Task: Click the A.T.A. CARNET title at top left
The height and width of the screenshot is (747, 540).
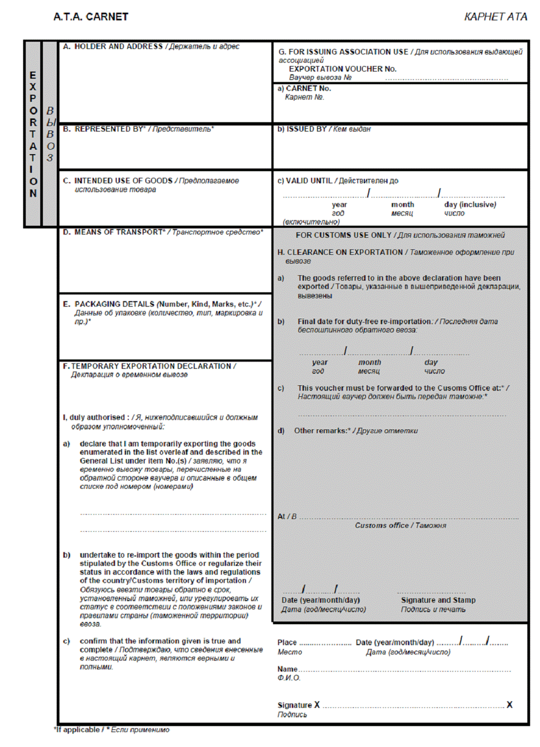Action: pos(91,17)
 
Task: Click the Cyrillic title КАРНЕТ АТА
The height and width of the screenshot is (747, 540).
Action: pos(495,17)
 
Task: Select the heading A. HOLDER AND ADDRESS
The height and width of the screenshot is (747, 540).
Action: pos(113,47)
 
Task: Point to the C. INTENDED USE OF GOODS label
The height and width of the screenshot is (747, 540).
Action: pos(118,181)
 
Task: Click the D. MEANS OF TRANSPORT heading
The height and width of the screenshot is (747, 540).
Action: pos(113,232)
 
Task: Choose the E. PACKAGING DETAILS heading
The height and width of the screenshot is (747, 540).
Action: pos(115,304)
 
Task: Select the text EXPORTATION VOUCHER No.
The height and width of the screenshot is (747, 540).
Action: pos(342,69)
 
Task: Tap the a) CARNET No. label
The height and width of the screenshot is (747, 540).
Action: pos(304,88)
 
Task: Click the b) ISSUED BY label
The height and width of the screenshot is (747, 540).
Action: pos(302,129)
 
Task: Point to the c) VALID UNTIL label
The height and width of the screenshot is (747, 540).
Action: pos(305,181)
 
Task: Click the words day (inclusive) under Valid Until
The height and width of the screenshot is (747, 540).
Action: pos(470,205)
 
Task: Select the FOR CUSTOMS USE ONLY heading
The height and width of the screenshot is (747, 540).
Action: pos(343,235)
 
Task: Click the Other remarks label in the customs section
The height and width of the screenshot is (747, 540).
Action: pos(322,430)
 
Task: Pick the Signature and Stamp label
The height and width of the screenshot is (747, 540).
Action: pos(438,600)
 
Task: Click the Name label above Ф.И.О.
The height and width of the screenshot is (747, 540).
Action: pos(287,669)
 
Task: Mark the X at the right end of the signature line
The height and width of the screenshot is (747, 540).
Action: pos(509,705)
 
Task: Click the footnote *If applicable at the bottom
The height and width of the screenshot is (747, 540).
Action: pos(77,729)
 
